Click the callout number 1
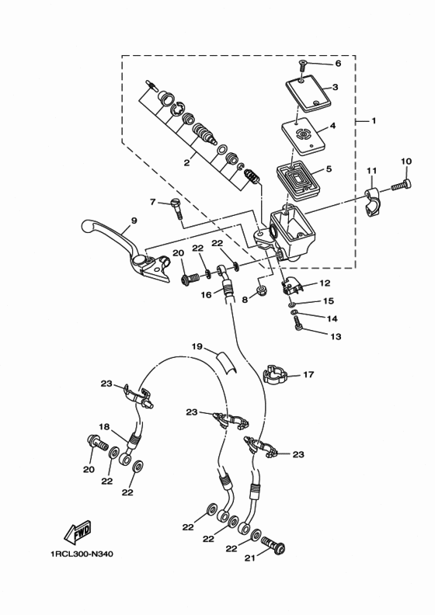[x=373, y=121]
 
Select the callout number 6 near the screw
[x=338, y=64]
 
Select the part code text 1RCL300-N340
[x=81, y=554]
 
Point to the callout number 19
[x=197, y=346]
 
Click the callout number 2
[x=186, y=163]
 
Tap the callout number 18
[x=103, y=426]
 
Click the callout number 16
[x=207, y=295]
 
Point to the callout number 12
[x=325, y=283]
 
